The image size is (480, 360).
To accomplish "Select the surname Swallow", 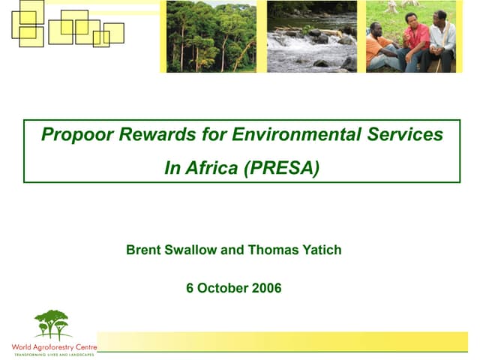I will click(191, 250).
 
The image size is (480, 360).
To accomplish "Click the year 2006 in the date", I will click(265, 288).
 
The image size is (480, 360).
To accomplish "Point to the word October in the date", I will click(221, 288).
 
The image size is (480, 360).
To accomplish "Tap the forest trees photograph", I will click(211, 36).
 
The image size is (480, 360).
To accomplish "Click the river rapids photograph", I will click(311, 36).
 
